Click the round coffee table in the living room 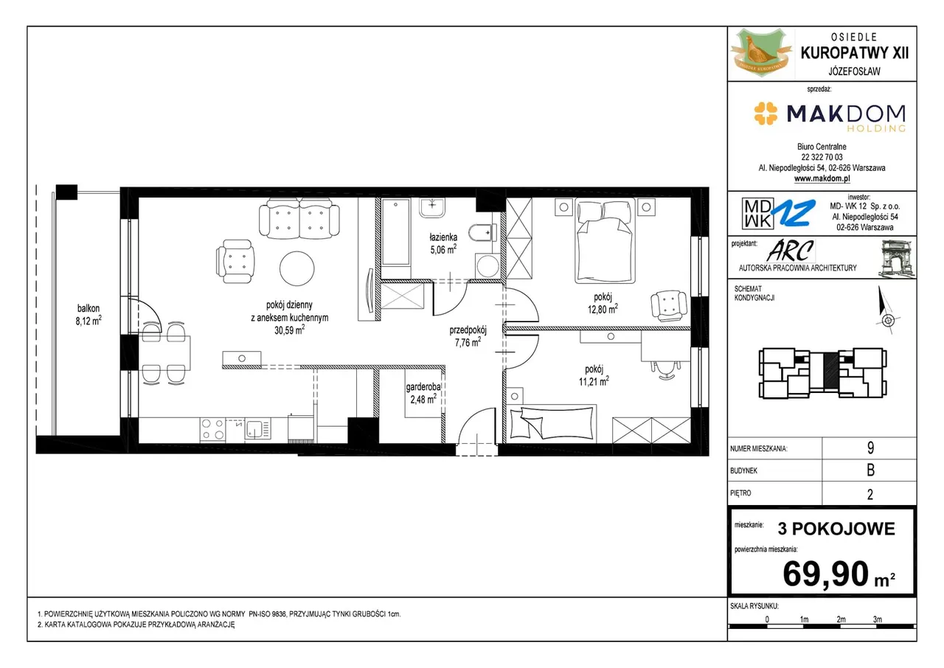coord(297,268)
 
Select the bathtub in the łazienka coord(396,232)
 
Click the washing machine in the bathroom coord(487,265)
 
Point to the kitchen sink coord(258,429)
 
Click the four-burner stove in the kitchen coord(213,429)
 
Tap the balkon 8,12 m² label coord(88,315)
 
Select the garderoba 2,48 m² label coord(423,393)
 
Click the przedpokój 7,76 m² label coord(468,336)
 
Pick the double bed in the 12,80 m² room coord(605,241)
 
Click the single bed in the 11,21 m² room coord(552,422)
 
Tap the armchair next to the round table coord(235,261)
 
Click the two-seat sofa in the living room coord(299,219)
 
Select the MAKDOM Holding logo coord(830,116)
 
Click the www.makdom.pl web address coord(822,178)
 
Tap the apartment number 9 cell coord(870,448)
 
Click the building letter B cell coord(870,470)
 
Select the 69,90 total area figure coord(826,574)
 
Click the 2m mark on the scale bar coord(841,619)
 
